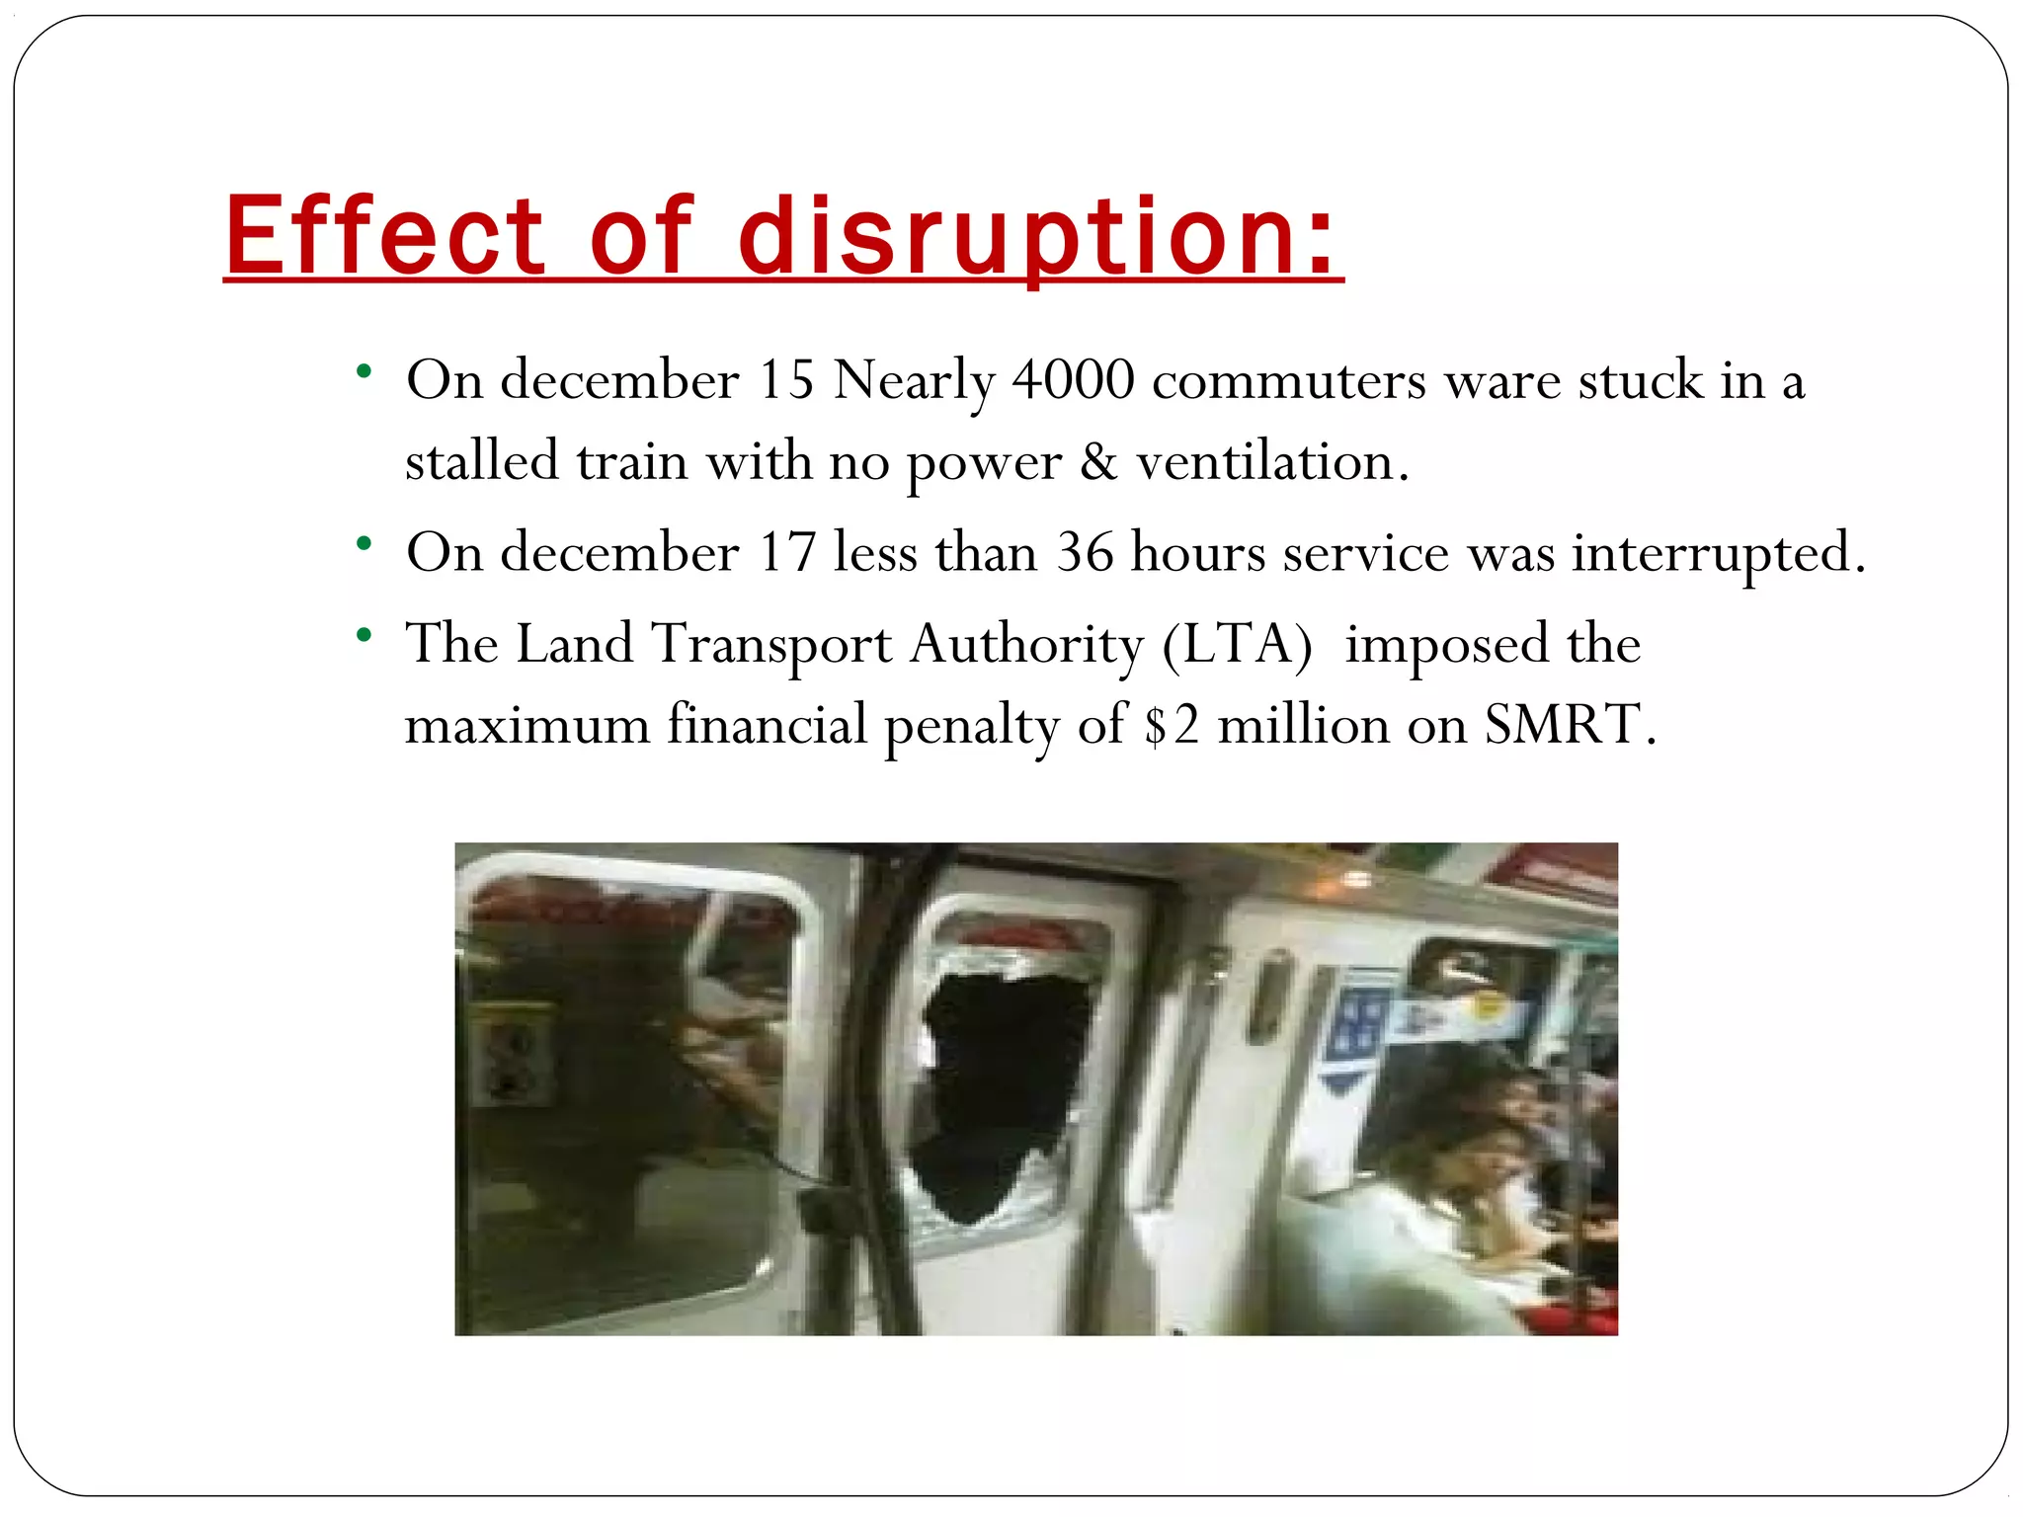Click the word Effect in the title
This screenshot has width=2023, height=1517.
pos(384,236)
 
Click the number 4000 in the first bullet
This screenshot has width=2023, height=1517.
pos(1073,380)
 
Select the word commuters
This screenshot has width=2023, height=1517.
pos(1289,380)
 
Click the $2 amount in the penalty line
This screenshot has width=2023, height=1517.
pos(1172,725)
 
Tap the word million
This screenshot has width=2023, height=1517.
pos(1304,725)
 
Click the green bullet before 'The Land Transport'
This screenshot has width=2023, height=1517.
pos(364,635)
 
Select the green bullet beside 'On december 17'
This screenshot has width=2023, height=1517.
pos(364,543)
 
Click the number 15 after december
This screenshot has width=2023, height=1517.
pos(785,380)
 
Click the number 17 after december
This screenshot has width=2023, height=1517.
pos(786,552)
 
